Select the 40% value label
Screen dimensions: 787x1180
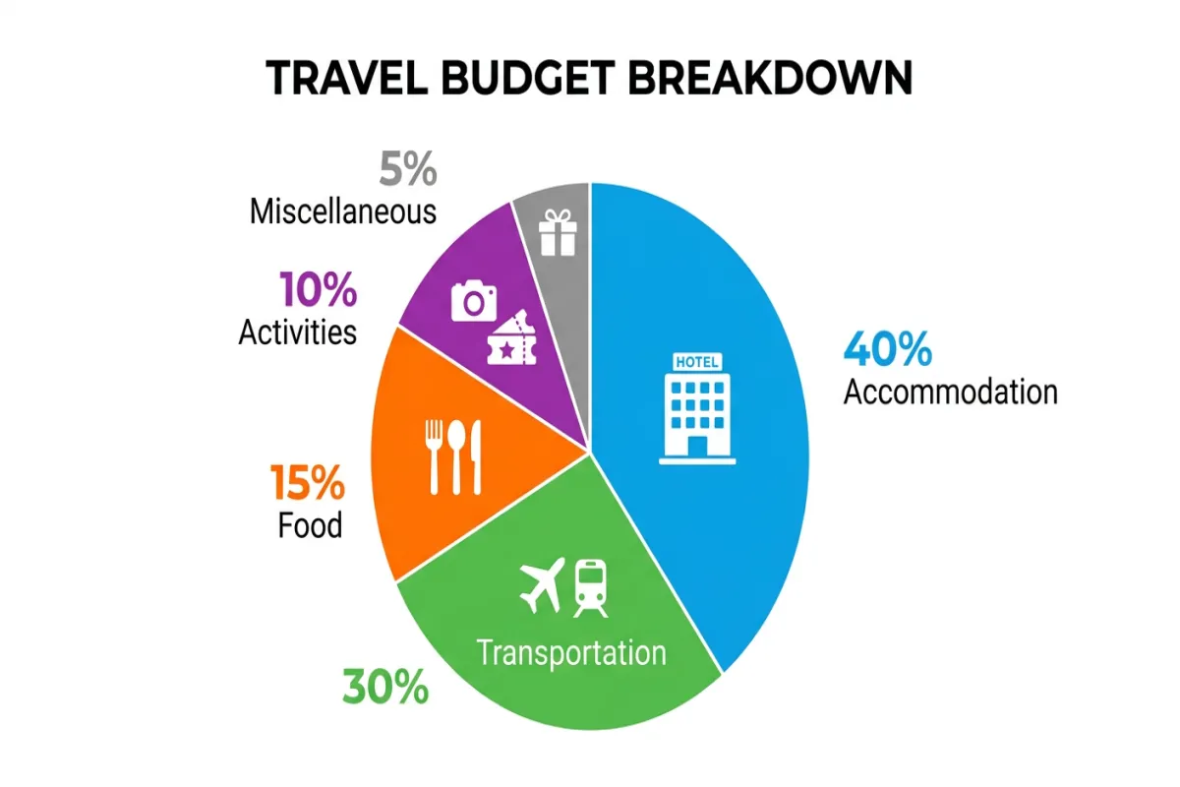[888, 349]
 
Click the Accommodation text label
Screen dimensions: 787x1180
[951, 392]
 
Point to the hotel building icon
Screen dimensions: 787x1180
[698, 404]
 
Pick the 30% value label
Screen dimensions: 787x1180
[385, 686]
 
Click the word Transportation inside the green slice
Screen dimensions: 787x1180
[570, 651]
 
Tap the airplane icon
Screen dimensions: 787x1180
[542, 583]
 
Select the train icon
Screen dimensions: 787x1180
[590, 586]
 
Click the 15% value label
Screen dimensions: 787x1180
[308, 483]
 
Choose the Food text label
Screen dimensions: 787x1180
[310, 524]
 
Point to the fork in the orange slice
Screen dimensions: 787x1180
[435, 455]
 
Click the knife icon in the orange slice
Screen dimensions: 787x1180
[476, 455]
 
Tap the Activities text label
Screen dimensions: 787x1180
[297, 332]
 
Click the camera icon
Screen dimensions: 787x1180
[475, 300]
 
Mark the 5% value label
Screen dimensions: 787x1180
[408, 170]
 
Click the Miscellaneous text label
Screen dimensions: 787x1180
[343, 211]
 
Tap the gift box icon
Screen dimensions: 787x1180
[557, 232]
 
